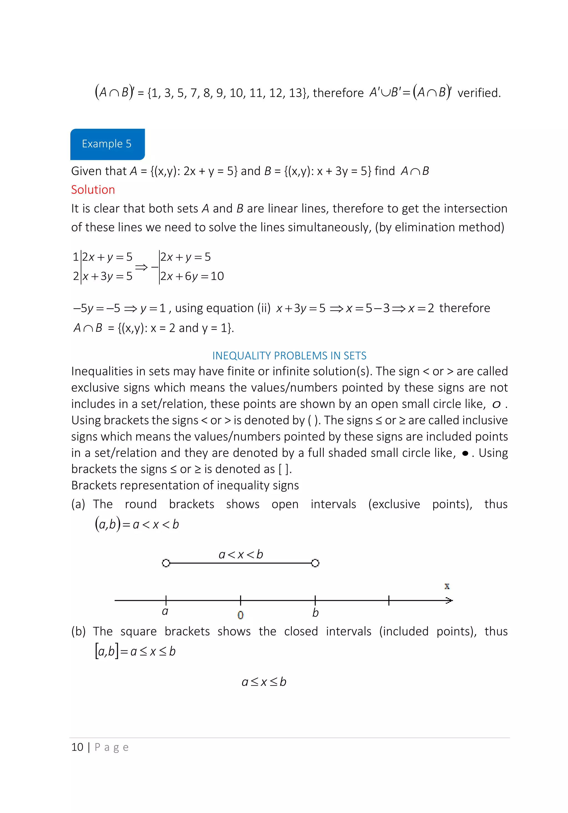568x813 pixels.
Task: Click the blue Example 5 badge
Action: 107,144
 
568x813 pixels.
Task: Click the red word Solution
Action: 93,190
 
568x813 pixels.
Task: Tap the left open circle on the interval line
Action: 166,563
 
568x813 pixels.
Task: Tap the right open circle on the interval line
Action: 315,563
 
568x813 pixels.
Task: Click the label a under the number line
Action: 165,612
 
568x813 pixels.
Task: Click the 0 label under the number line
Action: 240,615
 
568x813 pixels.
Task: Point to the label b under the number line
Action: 315,613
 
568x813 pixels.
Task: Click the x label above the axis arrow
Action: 447,586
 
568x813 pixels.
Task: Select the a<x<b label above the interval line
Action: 241,554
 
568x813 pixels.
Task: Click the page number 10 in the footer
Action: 77,747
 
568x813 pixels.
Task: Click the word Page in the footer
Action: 111,748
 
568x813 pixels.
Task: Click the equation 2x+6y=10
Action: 192,276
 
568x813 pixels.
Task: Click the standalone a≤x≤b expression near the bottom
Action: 264,682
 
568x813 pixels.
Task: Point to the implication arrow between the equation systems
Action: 141,267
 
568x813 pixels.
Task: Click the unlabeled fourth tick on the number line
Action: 389,600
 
